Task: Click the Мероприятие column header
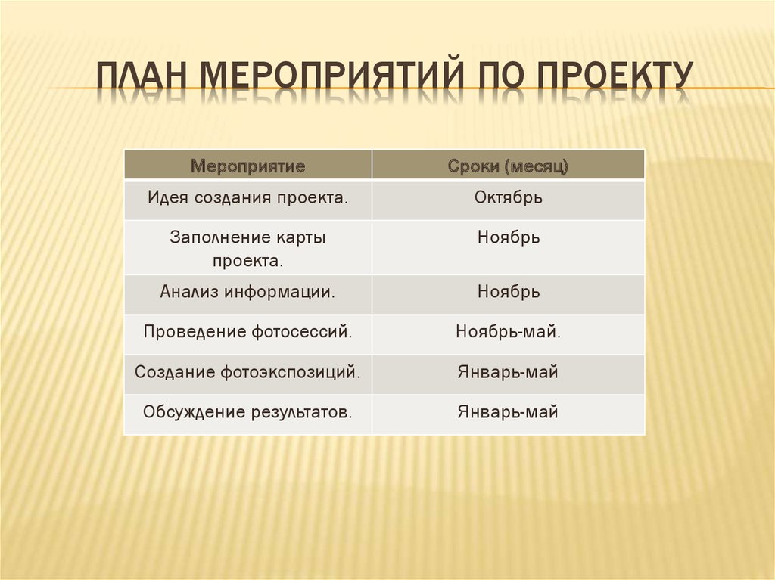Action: click(x=247, y=166)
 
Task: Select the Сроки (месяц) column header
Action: click(x=508, y=166)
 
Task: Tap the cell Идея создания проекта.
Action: click(x=247, y=198)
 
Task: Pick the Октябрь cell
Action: click(x=508, y=198)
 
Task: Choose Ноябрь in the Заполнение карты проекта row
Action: click(x=508, y=237)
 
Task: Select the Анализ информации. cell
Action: click(x=247, y=292)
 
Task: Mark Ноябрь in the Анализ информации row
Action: click(x=508, y=292)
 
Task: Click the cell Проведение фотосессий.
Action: click(x=247, y=332)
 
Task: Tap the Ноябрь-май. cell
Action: click(x=508, y=332)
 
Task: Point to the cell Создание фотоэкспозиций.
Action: click(x=247, y=372)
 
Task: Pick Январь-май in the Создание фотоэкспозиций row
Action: click(x=508, y=372)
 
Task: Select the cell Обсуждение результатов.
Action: click(x=247, y=412)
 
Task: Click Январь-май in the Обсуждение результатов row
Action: click(x=508, y=412)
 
